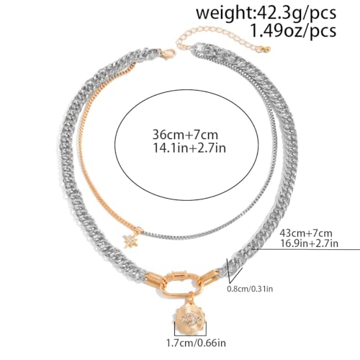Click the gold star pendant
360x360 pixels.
click(x=129, y=241)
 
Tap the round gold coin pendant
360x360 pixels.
click(x=190, y=319)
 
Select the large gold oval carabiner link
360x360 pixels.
click(x=182, y=283)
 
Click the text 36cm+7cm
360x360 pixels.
click(x=185, y=135)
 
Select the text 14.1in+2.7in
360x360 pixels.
click(x=189, y=148)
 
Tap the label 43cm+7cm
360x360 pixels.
click(x=306, y=233)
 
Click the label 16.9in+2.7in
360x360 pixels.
click(x=310, y=243)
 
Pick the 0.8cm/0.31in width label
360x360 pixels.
click(x=250, y=289)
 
